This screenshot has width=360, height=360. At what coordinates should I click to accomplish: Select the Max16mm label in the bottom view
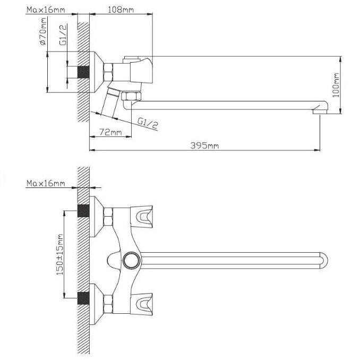click(46, 184)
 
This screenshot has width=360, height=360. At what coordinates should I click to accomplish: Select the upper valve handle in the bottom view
click(144, 215)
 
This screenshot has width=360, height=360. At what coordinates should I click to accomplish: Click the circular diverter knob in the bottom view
click(130, 260)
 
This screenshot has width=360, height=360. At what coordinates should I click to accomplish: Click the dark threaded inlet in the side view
click(83, 72)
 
